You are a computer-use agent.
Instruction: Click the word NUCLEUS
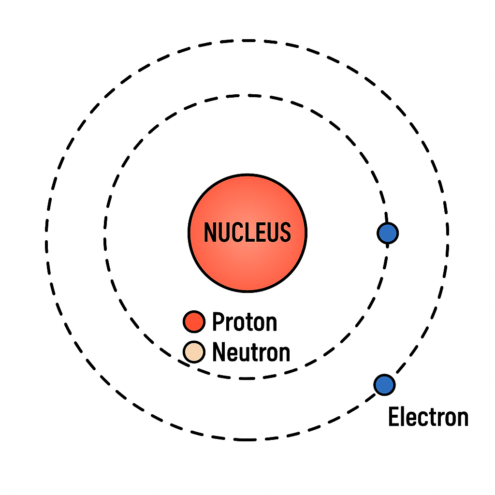(247, 233)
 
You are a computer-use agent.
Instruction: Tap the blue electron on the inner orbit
(387, 233)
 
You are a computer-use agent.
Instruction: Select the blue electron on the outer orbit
(384, 384)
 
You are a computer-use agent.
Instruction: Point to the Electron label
(428, 417)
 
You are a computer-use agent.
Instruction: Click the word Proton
(245, 322)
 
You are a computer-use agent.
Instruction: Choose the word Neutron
(251, 352)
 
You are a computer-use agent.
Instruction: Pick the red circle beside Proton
(194, 322)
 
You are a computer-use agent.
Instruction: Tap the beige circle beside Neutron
(194, 352)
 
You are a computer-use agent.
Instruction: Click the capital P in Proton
(218, 322)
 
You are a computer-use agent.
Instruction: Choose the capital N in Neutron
(219, 352)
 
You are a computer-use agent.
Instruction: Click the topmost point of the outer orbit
(247, 41)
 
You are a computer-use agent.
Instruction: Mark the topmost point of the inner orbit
(247, 96)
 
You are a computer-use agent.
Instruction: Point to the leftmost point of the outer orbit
(46, 240)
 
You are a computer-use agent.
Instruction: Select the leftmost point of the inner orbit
(104, 237)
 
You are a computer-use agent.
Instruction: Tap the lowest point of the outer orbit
(247, 440)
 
